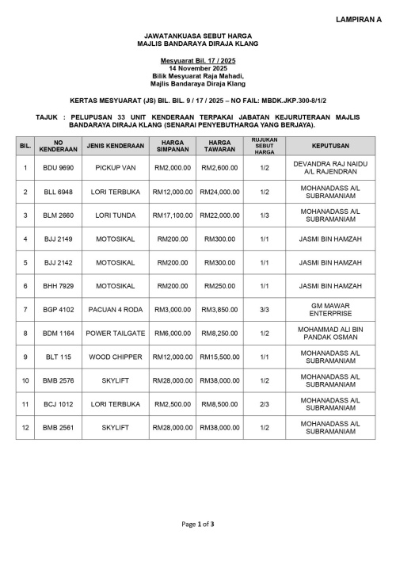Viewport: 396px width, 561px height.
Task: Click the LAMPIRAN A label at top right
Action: pyautogui.click(x=358, y=17)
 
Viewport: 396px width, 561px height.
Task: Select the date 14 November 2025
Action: pyautogui.click(x=198, y=69)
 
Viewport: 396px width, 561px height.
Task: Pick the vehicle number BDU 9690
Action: pyautogui.click(x=58, y=168)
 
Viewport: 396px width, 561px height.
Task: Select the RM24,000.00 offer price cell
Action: pyautogui.click(x=219, y=192)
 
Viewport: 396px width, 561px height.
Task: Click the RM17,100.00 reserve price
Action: pyautogui.click(x=173, y=216)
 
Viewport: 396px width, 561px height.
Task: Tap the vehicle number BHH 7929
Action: pyautogui.click(x=58, y=286)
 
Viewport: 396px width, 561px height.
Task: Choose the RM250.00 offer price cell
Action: pyautogui.click(x=219, y=286)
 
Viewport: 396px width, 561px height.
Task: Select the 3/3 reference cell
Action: pyautogui.click(x=264, y=310)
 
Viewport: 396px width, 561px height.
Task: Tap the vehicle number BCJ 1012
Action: pyautogui.click(x=58, y=404)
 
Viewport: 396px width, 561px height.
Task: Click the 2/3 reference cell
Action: pyautogui.click(x=264, y=404)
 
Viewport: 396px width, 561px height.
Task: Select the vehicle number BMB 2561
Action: pyautogui.click(x=58, y=428)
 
